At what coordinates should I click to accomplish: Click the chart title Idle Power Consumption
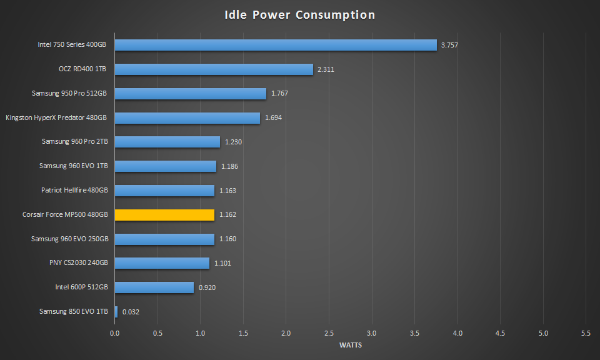[300, 15]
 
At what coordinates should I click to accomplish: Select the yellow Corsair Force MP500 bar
[164, 215]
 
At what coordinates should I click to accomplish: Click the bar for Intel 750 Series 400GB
[275, 45]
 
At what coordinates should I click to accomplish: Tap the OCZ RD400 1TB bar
[213, 69]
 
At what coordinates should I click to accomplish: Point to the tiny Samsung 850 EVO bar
[116, 311]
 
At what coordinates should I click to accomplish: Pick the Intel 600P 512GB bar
[154, 287]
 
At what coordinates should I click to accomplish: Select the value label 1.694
[273, 117]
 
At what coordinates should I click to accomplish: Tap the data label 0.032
[131, 311]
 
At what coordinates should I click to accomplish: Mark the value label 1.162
[227, 215]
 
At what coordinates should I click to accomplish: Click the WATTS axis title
[350, 345]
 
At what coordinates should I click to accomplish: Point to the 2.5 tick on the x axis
[329, 334]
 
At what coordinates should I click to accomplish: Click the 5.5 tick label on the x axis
[586, 334]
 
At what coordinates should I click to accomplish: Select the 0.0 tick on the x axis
[114, 334]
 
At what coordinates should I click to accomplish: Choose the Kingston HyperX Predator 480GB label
[56, 117]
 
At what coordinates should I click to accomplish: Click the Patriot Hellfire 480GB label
[74, 190]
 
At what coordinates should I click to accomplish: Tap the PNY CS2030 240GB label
[79, 263]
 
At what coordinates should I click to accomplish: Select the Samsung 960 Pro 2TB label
[75, 142]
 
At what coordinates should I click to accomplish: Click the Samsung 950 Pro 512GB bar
[190, 94]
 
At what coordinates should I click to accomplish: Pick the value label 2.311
[326, 69]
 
